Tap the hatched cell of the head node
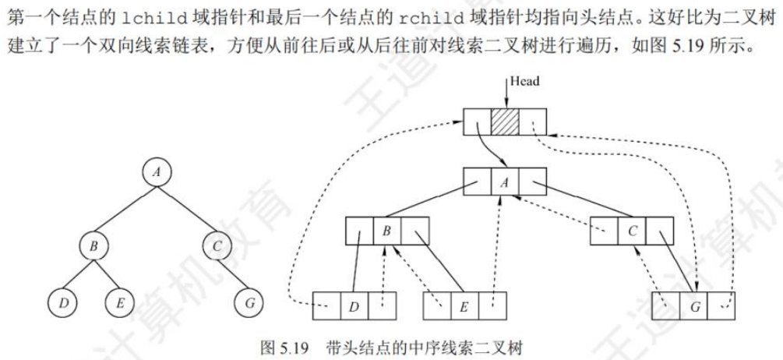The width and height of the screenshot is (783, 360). tap(505, 122)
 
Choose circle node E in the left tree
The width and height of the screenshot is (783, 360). tap(119, 303)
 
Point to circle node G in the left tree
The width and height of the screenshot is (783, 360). tap(249, 303)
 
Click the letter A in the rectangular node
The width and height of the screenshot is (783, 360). tap(505, 182)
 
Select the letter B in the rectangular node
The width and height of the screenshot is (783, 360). tap(386, 232)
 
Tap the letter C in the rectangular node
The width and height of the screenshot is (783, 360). tap(632, 231)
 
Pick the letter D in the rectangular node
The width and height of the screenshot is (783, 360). tap(354, 305)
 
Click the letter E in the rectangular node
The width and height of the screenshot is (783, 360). tap(464, 305)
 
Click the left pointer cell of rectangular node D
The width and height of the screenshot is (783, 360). tap(326, 305)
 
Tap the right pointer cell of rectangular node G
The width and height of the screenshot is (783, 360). tap(722, 305)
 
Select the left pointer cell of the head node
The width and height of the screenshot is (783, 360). tap(477, 122)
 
